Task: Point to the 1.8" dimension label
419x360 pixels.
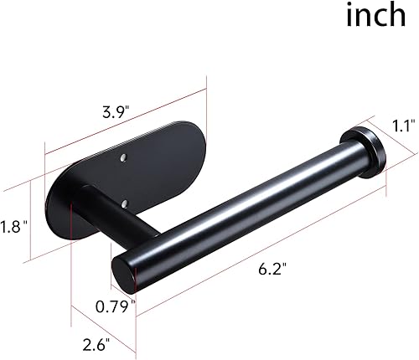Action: tap(13, 224)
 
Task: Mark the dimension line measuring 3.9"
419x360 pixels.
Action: tap(126, 117)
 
